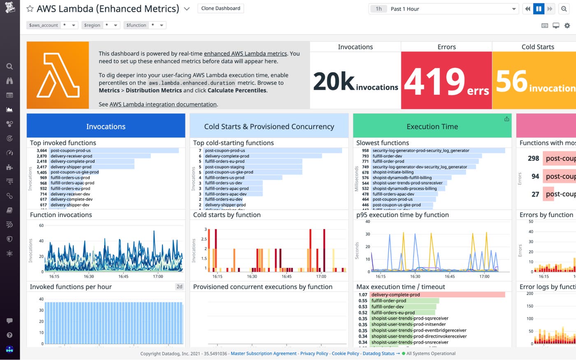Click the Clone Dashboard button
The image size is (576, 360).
pyautogui.click(x=221, y=8)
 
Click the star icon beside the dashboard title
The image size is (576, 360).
pyautogui.click(x=30, y=9)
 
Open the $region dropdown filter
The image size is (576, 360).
pyautogui.click(x=101, y=25)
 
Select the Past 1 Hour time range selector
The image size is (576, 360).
pyautogui.click(x=443, y=9)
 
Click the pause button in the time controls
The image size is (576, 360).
pyautogui.click(x=539, y=9)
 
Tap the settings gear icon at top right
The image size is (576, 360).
pyautogui.click(x=567, y=26)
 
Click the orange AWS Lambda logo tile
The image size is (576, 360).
pyautogui.click(x=58, y=75)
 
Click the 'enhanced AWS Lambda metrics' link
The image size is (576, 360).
pyautogui.click(x=245, y=53)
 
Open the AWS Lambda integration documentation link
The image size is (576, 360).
pyautogui.click(x=163, y=105)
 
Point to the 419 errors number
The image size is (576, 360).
pyautogui.click(x=434, y=81)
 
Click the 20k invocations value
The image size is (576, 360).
pyautogui.click(x=334, y=81)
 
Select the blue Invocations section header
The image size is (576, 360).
pyautogui.click(x=106, y=126)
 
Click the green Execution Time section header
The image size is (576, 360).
pyautogui.click(x=432, y=126)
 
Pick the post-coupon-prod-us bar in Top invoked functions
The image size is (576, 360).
pyautogui.click(x=114, y=151)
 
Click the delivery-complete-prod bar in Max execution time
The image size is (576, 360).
pyautogui.click(x=437, y=295)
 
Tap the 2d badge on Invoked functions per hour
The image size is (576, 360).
pyautogui.click(x=179, y=287)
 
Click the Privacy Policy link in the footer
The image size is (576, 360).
pyautogui.click(x=314, y=353)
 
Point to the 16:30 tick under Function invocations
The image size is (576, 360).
pyautogui.click(x=88, y=276)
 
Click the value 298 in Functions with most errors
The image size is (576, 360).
pyautogui.click(x=533, y=158)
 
